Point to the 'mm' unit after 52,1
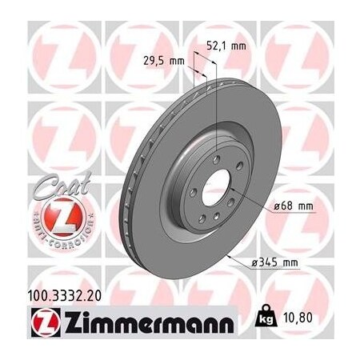238,46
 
